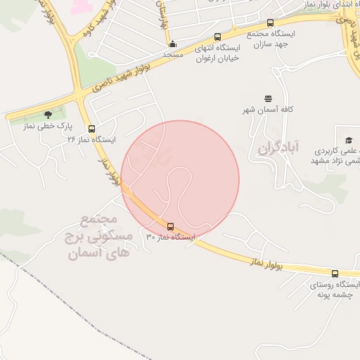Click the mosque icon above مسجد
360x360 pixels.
(x=172, y=44)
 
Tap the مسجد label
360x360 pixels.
(x=172, y=54)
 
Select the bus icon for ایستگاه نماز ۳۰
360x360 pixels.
(x=171, y=226)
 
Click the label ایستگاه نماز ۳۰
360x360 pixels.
(x=170, y=237)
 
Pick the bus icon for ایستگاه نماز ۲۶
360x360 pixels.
(x=91, y=129)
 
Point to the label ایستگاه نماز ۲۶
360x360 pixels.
(x=91, y=139)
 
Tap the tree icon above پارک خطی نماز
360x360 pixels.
(x=47, y=115)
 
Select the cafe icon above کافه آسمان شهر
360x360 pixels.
(x=268, y=99)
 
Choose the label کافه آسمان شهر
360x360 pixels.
(x=268, y=110)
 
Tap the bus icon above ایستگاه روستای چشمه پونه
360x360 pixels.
(x=335, y=274)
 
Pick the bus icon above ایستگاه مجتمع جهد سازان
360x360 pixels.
(x=271, y=23)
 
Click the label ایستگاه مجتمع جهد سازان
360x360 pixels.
(x=271, y=38)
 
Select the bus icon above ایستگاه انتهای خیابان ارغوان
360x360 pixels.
(x=217, y=37)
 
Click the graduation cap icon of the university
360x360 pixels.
(x=348, y=140)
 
